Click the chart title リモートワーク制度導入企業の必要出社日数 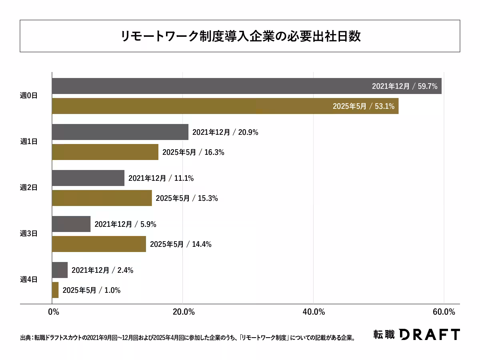(x=240, y=36)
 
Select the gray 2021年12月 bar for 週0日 (x=208, y=86)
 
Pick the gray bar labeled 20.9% (x=120, y=132)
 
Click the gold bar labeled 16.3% (x=105, y=152)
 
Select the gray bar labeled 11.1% (x=88, y=178)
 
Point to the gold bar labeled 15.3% (x=102, y=198)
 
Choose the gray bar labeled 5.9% (x=71, y=224)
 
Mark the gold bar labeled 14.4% (x=99, y=244)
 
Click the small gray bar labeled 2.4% (x=60, y=270)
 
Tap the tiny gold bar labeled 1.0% (x=55, y=290)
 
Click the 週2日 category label (x=28, y=187)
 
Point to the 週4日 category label (x=28, y=279)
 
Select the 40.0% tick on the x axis (x=313, y=312)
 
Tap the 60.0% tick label (x=444, y=312)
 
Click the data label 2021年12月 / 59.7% (x=404, y=86)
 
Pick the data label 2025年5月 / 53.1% (x=364, y=106)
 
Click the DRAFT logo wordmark (x=430, y=334)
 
